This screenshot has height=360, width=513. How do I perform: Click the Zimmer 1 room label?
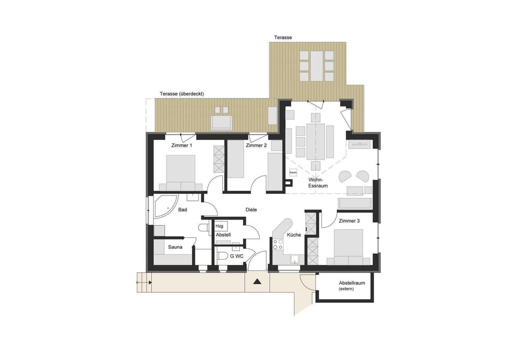coord(181,145)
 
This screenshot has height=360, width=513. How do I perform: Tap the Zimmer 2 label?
coord(256,145)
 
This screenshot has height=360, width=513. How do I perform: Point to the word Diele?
coord(252,210)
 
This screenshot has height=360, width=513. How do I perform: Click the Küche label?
coord(293,235)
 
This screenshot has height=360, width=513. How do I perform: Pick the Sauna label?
coord(176,247)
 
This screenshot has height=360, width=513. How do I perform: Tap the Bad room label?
coord(182,210)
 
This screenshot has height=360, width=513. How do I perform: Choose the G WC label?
coord(237,257)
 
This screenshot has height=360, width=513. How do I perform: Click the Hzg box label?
coord(220,226)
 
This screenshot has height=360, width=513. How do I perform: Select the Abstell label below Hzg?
coord(223,235)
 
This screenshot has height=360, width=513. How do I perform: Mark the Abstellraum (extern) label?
coord(352,286)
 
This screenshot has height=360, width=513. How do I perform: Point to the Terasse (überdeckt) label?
coord(182,94)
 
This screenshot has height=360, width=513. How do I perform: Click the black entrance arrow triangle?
coord(257,281)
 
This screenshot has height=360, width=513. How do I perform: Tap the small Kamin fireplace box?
coord(293,173)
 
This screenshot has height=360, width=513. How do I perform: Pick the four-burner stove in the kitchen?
coord(278,244)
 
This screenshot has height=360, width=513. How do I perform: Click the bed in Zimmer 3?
coord(348,245)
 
